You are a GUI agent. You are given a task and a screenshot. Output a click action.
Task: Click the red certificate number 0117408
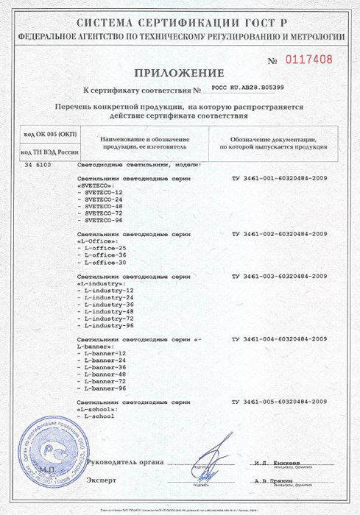309,60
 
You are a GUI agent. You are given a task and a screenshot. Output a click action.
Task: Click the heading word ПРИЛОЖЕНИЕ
179,73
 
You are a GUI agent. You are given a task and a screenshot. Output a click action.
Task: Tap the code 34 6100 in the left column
38,166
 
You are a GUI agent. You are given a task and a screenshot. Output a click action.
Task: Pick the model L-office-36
105,255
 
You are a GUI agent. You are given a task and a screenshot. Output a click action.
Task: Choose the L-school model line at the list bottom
102,416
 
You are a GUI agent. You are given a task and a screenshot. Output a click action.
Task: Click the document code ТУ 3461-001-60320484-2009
279,179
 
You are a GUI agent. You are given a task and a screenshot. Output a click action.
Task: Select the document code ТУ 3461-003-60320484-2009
279,276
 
